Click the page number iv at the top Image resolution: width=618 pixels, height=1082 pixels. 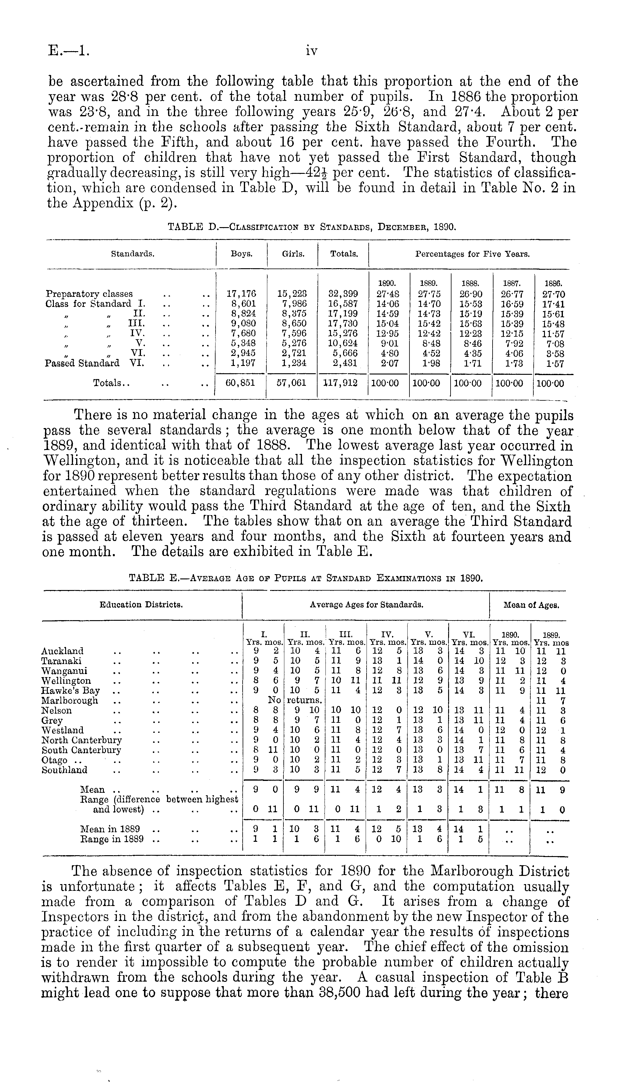click(x=311, y=51)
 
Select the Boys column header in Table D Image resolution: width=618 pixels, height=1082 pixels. click(x=241, y=254)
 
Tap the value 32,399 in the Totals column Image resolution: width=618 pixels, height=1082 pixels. click(x=343, y=294)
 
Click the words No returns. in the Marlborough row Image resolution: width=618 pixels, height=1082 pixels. click(x=296, y=701)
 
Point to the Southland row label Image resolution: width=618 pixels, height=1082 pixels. click(x=65, y=770)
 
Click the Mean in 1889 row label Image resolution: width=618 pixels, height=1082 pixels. click(x=110, y=829)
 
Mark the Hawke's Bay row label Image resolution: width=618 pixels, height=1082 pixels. click(x=70, y=690)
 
